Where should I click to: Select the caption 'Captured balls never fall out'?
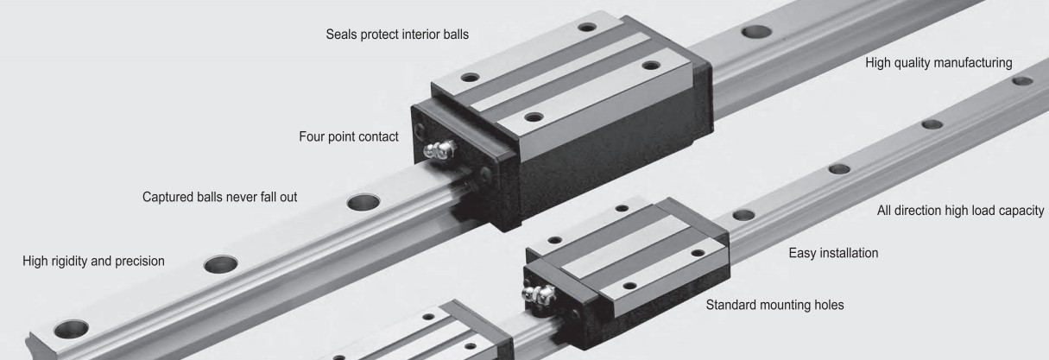(219, 197)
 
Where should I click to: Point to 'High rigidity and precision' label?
(93, 261)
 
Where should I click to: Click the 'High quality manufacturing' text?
(938, 63)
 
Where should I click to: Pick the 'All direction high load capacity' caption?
(960, 211)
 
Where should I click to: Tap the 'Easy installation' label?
(834, 254)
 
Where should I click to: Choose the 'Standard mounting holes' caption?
(775, 305)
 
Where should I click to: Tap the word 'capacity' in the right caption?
(1021, 211)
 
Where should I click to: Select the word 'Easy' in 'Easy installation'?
(803, 254)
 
